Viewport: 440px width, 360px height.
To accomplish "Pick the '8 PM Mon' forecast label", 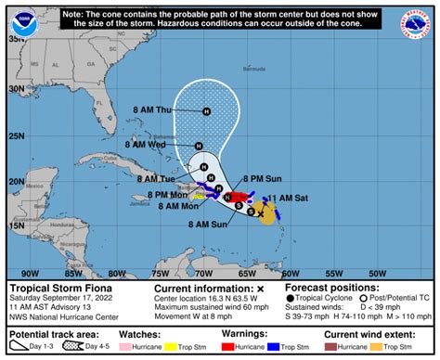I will pos(167,195).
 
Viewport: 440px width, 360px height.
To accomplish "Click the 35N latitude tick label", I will pos(17,40).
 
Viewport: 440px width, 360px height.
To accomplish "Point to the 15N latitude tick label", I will pos(17,225).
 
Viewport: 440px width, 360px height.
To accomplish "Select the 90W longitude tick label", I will pos(31,273).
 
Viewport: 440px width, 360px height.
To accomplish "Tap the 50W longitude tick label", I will pos(376,273).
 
